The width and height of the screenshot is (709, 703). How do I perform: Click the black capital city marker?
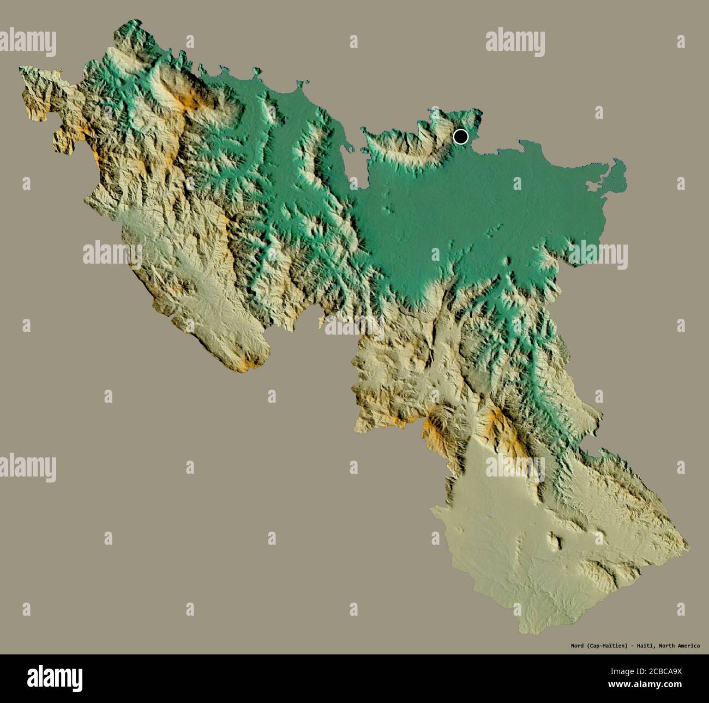point(461,136)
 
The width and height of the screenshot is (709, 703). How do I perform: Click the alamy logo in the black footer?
point(55,677)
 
